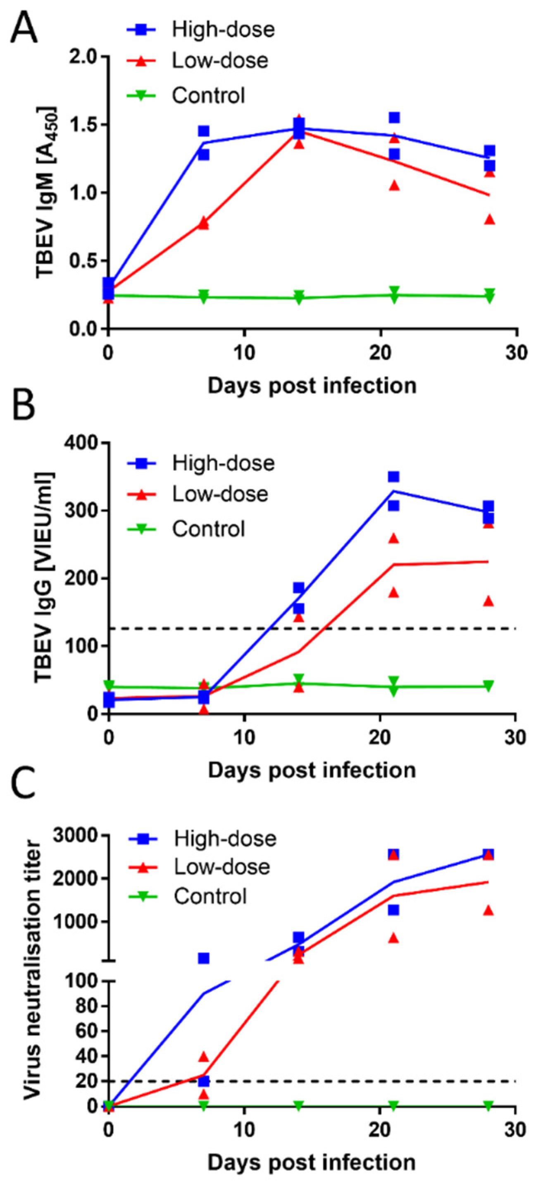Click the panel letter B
pos(23,406)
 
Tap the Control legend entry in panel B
pos(208,529)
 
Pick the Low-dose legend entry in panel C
pos(222,867)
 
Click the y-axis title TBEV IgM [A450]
pos(46,193)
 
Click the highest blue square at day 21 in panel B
pos(393,477)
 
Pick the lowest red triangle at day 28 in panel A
pos(490,219)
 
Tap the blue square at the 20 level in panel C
pos(203,1081)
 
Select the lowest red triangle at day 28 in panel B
pos(489,601)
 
